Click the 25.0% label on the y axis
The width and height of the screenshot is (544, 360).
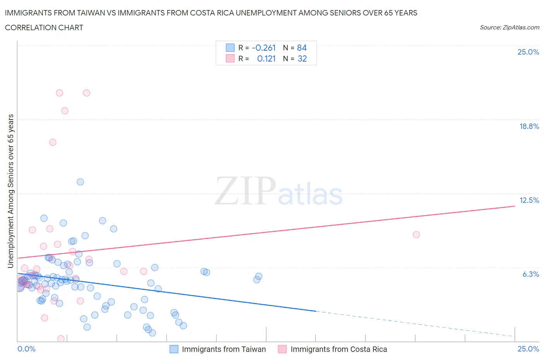click(x=528, y=52)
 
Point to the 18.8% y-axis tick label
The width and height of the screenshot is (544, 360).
click(x=529, y=126)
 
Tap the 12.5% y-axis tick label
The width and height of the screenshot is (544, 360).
click(x=529, y=200)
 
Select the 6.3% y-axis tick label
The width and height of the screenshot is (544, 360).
click(x=530, y=274)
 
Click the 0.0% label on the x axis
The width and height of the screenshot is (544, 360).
click(x=26, y=349)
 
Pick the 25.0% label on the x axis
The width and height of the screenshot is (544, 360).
click(x=528, y=349)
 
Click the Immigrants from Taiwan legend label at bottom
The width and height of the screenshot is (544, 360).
click(x=224, y=349)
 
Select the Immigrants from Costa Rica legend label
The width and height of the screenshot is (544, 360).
click(x=339, y=349)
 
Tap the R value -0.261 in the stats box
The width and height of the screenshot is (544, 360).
click(x=263, y=48)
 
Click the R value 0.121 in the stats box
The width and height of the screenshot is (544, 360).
click(x=266, y=58)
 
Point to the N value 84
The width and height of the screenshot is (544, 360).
click(x=302, y=48)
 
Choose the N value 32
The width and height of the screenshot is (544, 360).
click(x=302, y=58)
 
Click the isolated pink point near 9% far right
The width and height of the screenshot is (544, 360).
click(x=416, y=235)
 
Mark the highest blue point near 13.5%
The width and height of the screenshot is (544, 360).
click(x=80, y=182)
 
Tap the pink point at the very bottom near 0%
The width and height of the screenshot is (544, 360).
click(x=61, y=339)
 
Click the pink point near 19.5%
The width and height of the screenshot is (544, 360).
click(x=65, y=111)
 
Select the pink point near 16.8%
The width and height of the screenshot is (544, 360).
click(x=53, y=142)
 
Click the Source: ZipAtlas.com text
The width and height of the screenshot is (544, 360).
click(x=509, y=27)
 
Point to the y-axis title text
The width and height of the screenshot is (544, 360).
click(x=10, y=191)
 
